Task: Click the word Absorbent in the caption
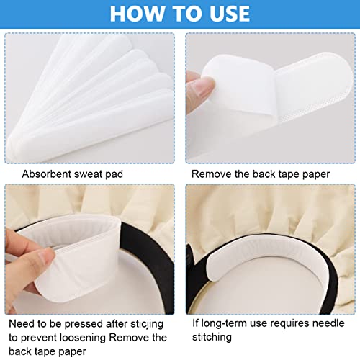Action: [46, 174]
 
